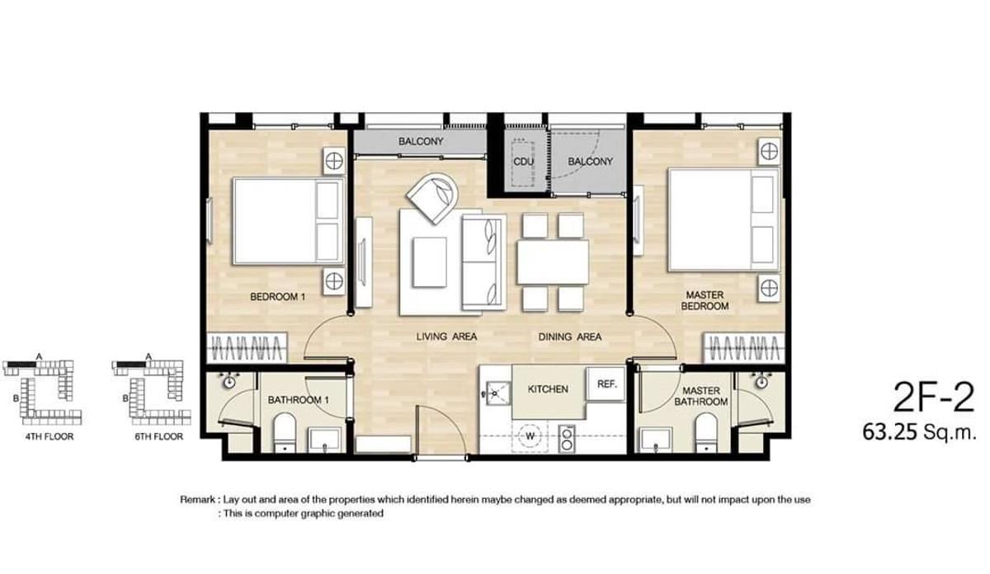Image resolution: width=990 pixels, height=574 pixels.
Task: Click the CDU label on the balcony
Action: click(x=523, y=162)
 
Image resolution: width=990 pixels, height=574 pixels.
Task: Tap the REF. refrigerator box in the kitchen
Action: click(x=606, y=384)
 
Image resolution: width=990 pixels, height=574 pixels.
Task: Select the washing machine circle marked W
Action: click(x=530, y=436)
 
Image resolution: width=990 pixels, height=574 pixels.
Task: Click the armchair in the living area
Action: click(x=433, y=198)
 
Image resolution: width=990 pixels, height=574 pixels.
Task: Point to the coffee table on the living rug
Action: click(x=430, y=262)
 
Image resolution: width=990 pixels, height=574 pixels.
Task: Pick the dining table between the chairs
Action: click(x=553, y=262)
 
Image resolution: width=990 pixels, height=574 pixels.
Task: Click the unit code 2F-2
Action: click(x=933, y=398)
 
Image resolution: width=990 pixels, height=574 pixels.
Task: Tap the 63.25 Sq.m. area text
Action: click(x=919, y=433)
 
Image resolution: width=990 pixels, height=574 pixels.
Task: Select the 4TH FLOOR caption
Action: click(x=49, y=436)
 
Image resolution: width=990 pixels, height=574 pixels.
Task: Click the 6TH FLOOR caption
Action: click(x=159, y=436)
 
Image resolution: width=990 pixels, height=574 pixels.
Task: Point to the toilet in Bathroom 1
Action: click(x=284, y=433)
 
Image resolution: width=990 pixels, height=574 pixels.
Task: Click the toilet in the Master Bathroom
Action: click(x=707, y=433)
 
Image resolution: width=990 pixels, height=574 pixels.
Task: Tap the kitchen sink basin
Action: click(x=497, y=393)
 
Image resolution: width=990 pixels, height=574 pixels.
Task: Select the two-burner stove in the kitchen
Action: click(x=567, y=439)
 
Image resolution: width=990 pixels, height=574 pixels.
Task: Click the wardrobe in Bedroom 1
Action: click(x=247, y=348)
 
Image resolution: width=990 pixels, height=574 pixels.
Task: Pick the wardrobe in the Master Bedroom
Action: click(x=744, y=348)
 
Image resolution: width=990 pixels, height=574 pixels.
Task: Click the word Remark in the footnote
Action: click(x=197, y=500)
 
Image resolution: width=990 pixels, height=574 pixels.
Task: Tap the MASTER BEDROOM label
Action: click(x=705, y=300)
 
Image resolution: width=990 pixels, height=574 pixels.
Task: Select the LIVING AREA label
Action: click(x=446, y=336)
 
